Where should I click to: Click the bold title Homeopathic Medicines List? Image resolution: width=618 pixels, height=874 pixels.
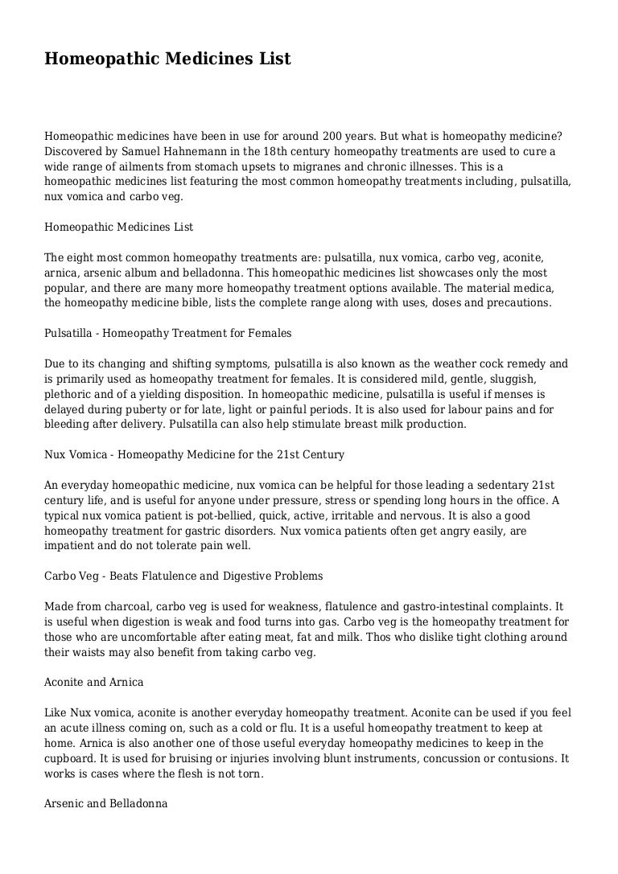click(167, 59)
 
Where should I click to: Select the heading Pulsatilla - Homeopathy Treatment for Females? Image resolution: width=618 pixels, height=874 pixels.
click(167, 333)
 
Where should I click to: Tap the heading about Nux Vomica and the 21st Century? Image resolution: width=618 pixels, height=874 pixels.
click(194, 455)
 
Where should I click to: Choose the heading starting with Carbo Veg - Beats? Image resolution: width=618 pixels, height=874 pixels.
click(183, 576)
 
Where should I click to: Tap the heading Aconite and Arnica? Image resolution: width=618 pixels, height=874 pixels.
click(93, 682)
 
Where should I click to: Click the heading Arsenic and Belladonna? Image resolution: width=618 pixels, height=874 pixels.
click(105, 803)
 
